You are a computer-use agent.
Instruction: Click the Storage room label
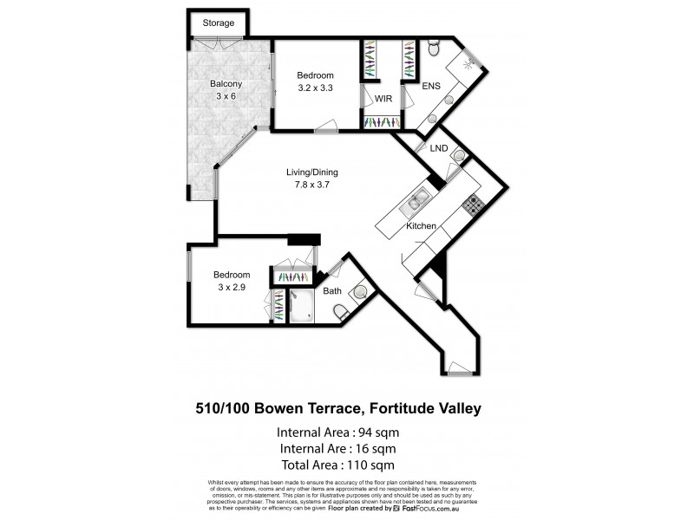point(218,23)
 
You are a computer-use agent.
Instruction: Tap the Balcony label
point(226,84)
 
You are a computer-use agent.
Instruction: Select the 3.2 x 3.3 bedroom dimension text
point(315,88)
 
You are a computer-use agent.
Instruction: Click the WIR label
point(383,99)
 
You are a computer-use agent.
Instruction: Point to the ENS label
point(432,87)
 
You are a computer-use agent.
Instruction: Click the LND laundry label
point(439,148)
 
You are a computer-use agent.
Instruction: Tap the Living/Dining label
point(311,172)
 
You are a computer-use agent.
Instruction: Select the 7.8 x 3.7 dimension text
point(311,184)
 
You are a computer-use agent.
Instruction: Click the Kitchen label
point(421,226)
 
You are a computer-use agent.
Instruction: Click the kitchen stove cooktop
point(472,205)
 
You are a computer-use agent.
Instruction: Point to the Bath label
point(332,291)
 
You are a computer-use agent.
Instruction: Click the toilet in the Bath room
point(343,311)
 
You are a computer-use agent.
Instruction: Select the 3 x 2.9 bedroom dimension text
point(232,288)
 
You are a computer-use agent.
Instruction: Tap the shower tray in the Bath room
point(301,309)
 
